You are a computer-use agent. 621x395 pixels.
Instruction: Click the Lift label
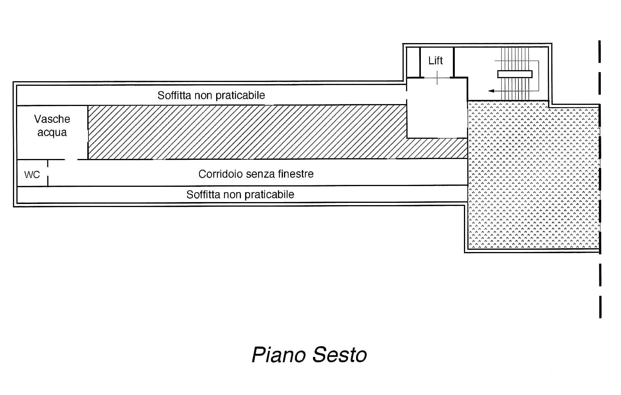point(435,61)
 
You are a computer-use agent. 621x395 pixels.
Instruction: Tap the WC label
point(32,175)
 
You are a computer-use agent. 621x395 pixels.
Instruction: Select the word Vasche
point(52,119)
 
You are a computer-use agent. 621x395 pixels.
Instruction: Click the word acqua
point(52,133)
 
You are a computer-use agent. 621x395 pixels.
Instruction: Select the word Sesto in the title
point(340,355)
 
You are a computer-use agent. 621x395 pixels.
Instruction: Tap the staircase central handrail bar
point(515,74)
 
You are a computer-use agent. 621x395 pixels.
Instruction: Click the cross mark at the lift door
point(437,78)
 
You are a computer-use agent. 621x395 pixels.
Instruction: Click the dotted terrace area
point(534,175)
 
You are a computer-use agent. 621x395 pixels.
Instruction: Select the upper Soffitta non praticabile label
point(211,95)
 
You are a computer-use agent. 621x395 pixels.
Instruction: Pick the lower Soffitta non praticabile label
point(240,195)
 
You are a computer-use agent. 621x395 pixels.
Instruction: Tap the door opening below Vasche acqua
point(71,159)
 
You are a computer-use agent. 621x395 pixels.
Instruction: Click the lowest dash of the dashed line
point(600,307)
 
